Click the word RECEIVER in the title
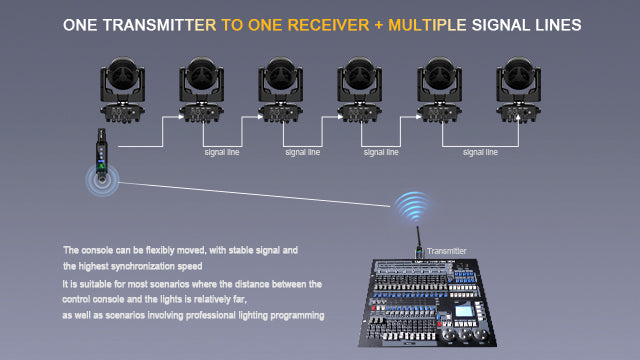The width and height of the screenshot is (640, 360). point(328,25)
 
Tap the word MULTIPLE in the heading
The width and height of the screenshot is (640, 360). point(427,25)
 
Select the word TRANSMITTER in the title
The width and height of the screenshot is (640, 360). point(159,25)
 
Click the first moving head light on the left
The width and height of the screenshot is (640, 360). point(122,89)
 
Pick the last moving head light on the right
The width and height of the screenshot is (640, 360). point(518,89)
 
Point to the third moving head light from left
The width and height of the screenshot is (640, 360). point(280,89)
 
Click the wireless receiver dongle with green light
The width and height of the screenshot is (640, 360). point(101,152)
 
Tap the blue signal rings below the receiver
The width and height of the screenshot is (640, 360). point(102,180)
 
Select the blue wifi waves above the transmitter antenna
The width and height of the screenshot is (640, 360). point(413,207)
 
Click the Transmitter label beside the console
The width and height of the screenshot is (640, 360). point(447,251)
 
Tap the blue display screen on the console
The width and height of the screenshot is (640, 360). point(463,311)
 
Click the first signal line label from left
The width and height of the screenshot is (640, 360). point(222,152)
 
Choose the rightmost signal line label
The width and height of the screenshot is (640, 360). point(480,152)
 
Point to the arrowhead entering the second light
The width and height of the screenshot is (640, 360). point(180,117)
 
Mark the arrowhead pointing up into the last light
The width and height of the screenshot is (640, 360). point(518,118)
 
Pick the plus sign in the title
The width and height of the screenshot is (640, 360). point(378,25)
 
